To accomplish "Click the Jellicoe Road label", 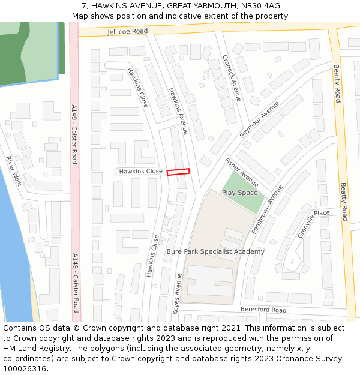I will [128, 31].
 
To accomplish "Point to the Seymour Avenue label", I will [259, 119].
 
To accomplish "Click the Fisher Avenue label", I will [241, 172].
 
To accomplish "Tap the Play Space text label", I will [239, 193].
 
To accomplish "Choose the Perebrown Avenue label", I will [267, 209].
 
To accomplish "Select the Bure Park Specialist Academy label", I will [215, 251].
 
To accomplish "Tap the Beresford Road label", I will [263, 310].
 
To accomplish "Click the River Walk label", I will [13, 171].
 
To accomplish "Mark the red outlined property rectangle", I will [178, 172].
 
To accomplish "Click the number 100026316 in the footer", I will [26, 369].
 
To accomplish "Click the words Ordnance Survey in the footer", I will [311, 359].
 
